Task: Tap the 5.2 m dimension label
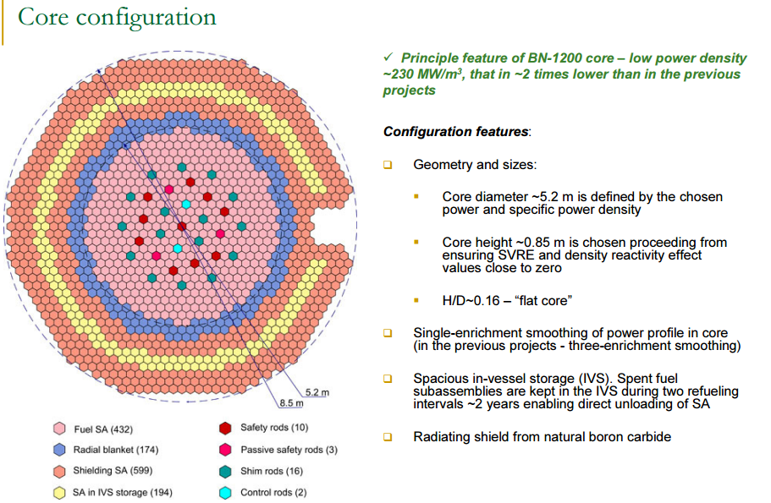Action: (x=317, y=391)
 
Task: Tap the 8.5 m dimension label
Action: (x=291, y=402)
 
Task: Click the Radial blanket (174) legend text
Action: (x=116, y=450)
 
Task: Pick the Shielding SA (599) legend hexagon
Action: (x=59, y=471)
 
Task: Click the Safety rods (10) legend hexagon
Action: (x=225, y=429)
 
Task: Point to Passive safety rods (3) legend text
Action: (x=289, y=450)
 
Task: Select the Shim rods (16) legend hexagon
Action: (x=225, y=471)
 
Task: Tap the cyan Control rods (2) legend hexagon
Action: (x=225, y=492)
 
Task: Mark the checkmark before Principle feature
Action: (x=388, y=57)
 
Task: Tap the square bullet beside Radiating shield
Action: (x=388, y=437)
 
